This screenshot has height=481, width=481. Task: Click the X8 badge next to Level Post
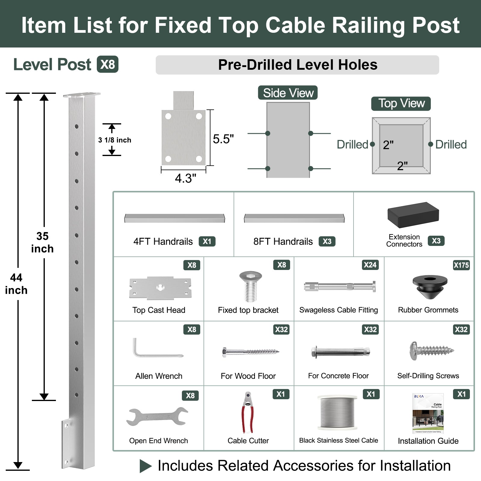pyautogui.click(x=108, y=64)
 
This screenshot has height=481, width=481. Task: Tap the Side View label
pyautogui.click(x=288, y=93)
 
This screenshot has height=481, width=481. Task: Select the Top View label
pyautogui.click(x=401, y=103)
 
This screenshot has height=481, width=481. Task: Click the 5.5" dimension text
pyautogui.click(x=223, y=139)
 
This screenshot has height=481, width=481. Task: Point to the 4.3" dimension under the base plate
pyautogui.click(x=185, y=178)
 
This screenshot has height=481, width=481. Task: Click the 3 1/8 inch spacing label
pyautogui.click(x=115, y=140)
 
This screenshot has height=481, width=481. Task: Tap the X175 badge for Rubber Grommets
pyautogui.click(x=461, y=265)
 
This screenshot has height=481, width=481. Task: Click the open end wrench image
pyautogui.click(x=157, y=416)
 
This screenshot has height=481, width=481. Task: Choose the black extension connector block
pyautogui.click(x=413, y=215)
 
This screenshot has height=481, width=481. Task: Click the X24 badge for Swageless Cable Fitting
pyautogui.click(x=370, y=265)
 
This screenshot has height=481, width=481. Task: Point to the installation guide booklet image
pyautogui.click(x=428, y=413)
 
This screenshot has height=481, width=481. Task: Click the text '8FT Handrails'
pyautogui.click(x=283, y=241)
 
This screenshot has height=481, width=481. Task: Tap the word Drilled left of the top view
pyautogui.click(x=352, y=145)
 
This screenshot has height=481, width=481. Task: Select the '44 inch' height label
pyautogui.click(x=16, y=284)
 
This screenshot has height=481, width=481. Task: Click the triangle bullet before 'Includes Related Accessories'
pyautogui.click(x=146, y=466)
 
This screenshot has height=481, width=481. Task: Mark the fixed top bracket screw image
pyautogui.click(x=250, y=286)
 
